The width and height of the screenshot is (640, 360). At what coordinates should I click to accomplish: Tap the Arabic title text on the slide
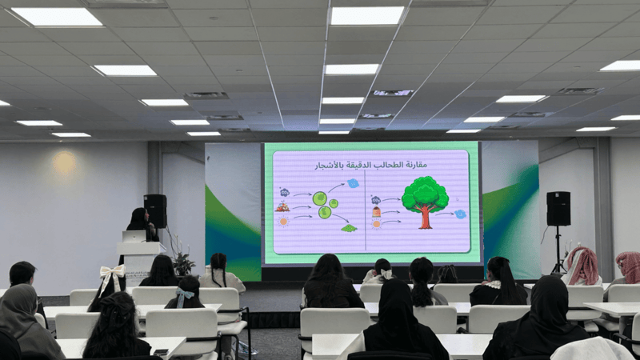tap(370, 165)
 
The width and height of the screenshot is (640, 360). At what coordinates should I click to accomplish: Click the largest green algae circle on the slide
tap(319, 198)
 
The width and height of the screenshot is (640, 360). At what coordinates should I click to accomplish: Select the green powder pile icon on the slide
tap(349, 228)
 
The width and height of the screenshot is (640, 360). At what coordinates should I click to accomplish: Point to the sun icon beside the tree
tap(376, 224)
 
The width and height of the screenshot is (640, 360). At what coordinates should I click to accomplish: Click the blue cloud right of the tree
tap(461, 214)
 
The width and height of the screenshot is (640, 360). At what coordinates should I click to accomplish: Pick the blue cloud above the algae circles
tap(353, 183)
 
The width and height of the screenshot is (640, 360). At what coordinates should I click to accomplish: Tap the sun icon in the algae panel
tap(283, 222)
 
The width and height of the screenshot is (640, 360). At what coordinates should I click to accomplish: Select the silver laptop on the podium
tap(134, 237)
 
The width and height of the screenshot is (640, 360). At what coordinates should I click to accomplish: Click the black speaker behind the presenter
tap(155, 210)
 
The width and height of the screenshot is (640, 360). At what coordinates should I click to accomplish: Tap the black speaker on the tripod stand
tap(558, 209)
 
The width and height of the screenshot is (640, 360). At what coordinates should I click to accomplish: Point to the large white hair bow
tap(112, 276)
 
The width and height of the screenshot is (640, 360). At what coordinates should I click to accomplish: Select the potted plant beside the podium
tap(183, 263)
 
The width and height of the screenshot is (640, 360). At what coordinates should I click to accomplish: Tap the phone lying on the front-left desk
tap(161, 352)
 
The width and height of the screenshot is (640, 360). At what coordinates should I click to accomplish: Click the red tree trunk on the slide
tap(426, 218)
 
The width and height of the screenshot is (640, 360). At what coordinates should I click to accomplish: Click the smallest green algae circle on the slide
tap(334, 203)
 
